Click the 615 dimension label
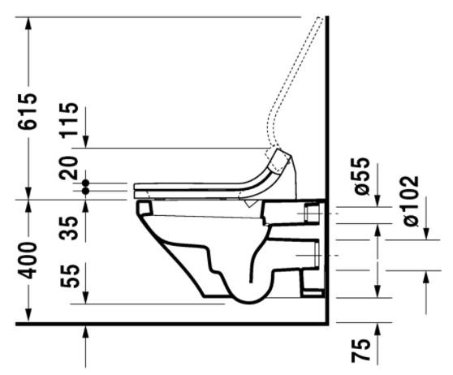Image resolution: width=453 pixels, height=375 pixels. click(28, 113)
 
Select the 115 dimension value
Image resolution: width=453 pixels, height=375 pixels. click(72, 120)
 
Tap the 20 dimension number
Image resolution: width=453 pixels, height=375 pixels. click(72, 167)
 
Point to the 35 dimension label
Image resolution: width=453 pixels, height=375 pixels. click(72, 222)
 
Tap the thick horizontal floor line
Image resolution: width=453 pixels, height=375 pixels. click(162, 324)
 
